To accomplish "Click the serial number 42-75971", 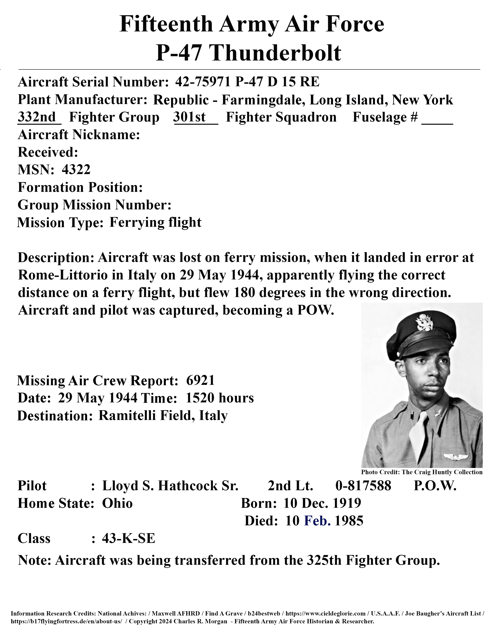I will pos(202,82).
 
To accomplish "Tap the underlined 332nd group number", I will pos(37,117).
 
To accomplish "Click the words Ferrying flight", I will pos(155,222).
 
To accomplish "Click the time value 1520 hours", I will pos(220,398).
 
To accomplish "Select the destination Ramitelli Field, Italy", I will pos(163,416).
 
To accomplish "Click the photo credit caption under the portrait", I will pos(422,472).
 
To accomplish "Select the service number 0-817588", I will pos(363,486).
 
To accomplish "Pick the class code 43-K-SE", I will pos(128,539).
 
